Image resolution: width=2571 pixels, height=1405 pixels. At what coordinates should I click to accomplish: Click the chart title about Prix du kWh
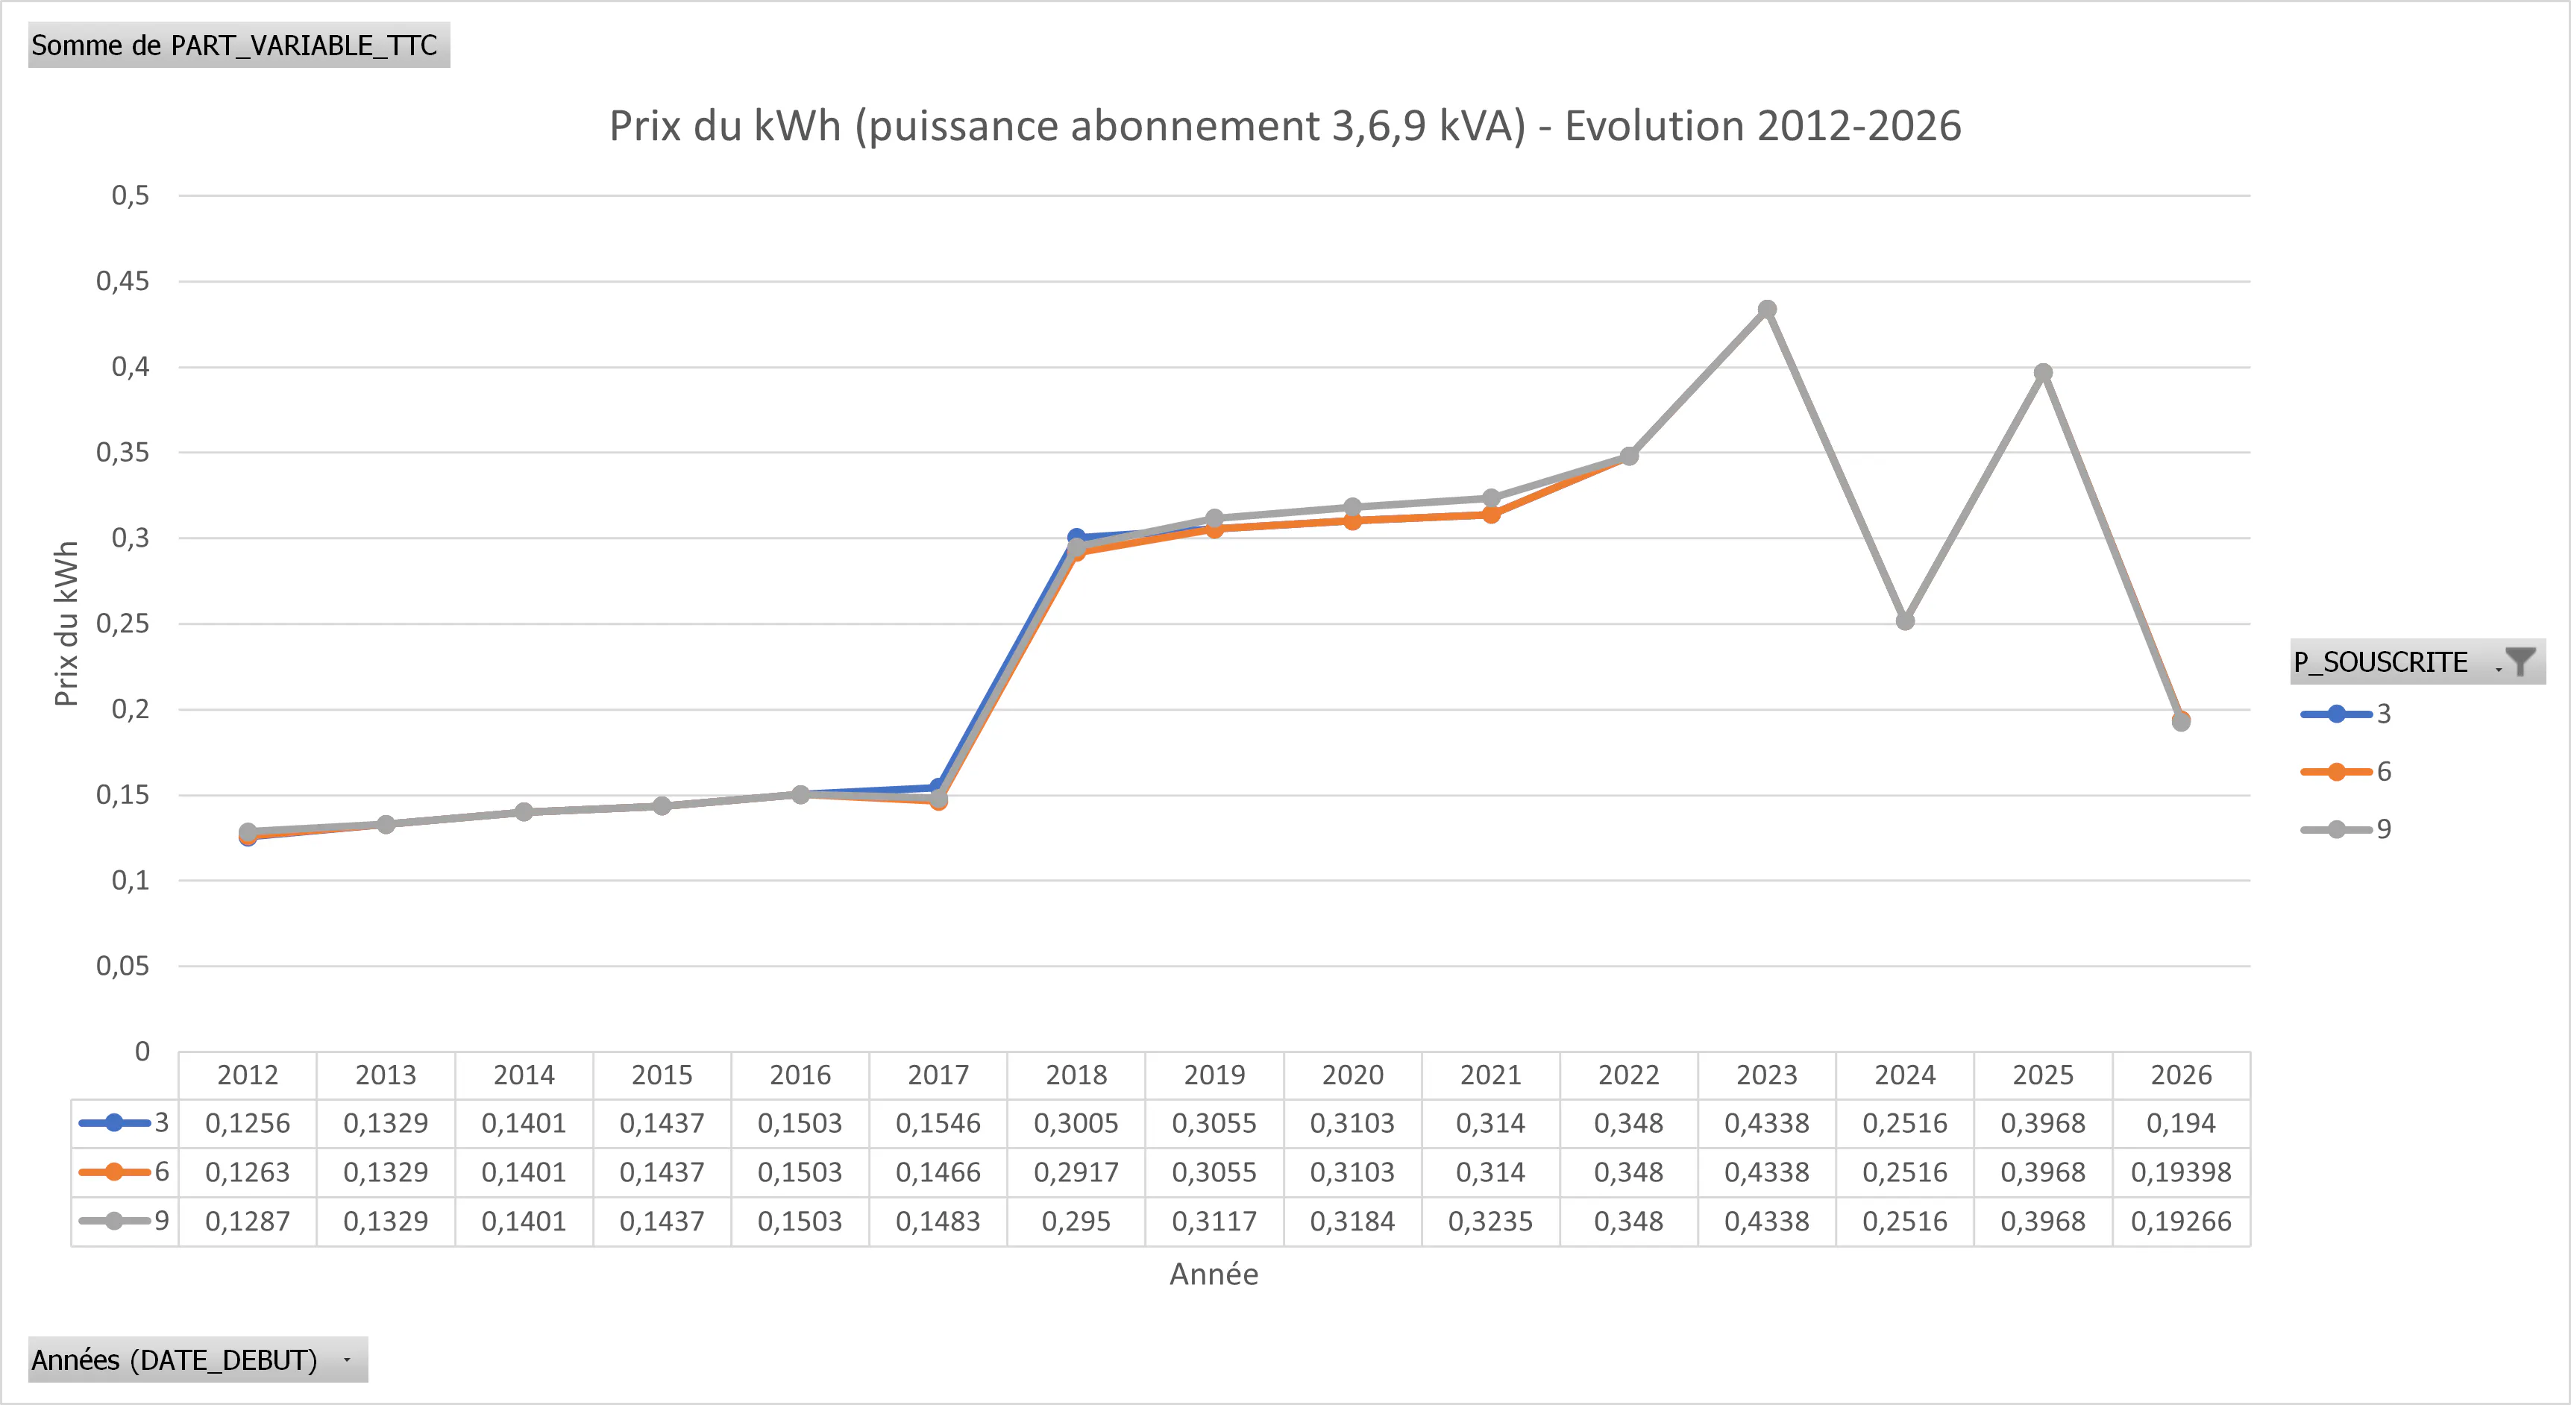1284,127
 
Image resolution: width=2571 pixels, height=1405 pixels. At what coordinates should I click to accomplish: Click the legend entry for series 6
2346,771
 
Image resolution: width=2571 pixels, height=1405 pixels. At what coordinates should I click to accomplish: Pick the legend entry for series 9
2346,829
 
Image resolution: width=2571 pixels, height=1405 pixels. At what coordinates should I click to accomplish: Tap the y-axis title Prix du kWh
66,623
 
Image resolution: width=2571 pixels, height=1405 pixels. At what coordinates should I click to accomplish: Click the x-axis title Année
1214,1274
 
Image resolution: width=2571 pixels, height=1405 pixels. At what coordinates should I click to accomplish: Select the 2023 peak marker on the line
1766,309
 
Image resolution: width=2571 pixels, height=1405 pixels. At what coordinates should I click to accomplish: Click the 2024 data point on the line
1904,620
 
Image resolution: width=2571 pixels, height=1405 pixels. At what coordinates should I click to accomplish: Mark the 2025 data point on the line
2043,372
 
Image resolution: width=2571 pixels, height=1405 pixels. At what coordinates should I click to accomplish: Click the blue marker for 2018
1076,537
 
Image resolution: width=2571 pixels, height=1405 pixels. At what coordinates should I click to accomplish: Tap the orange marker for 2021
1490,515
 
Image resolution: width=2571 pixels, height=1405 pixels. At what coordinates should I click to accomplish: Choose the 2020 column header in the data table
1352,1075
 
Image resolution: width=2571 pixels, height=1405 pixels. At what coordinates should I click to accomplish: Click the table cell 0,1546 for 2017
938,1124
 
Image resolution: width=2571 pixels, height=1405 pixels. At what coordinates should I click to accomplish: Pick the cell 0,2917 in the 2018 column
1076,1172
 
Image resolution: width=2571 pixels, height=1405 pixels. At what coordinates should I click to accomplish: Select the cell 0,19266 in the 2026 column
2181,1222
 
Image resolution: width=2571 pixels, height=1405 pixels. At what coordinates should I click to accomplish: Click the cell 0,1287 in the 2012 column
248,1222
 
